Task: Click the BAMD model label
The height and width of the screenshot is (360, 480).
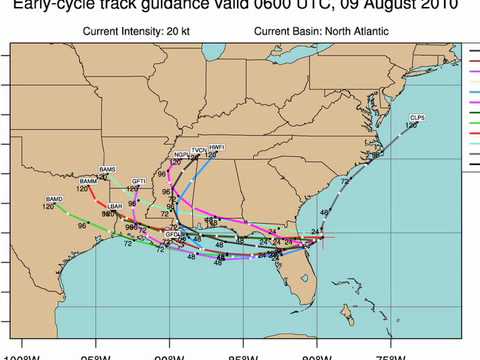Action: (53, 201)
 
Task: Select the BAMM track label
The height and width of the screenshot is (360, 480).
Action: (88, 180)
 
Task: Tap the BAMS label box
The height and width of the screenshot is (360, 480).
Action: (108, 170)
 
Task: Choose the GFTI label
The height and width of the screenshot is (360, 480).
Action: (138, 181)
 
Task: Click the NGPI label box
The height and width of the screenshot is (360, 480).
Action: (180, 155)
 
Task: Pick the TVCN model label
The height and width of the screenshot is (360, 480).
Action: (198, 150)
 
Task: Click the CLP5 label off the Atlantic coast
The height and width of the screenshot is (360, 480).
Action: (416, 117)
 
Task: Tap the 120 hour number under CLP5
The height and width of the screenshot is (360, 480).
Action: (412, 125)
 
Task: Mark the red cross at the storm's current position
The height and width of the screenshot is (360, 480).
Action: (318, 236)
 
